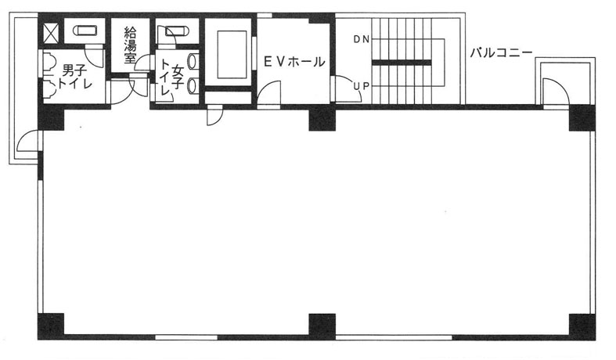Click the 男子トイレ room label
point(74,77)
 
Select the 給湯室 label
point(130,45)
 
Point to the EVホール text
point(294,62)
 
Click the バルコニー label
point(501,52)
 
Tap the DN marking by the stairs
point(362,39)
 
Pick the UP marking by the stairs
point(362,86)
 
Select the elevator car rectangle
point(232,55)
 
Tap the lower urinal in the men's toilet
point(50,90)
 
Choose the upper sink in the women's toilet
point(193,62)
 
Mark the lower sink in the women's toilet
point(193,86)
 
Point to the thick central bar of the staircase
point(402,63)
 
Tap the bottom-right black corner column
point(582,326)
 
